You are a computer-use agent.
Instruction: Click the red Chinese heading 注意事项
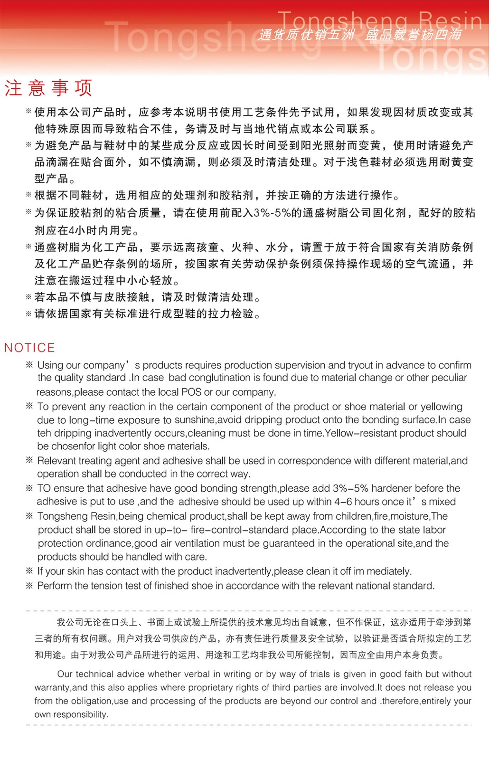48,88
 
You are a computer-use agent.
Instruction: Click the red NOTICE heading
29,348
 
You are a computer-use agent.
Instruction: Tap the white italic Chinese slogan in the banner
360,34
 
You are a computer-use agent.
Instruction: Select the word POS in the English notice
191,392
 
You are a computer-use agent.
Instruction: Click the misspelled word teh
44,433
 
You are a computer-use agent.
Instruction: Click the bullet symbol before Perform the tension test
29,586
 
